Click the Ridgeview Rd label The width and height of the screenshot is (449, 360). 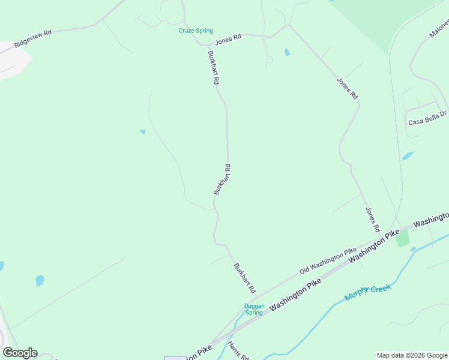[34, 40]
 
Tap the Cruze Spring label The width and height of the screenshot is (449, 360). [196, 31]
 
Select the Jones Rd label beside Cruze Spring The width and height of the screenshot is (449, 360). [228, 38]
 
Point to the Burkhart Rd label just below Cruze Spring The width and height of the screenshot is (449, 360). [212, 67]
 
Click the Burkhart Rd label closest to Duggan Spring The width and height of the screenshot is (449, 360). [244, 277]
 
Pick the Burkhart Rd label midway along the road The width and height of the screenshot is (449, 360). [222, 179]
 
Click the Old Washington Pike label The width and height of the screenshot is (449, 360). [328, 261]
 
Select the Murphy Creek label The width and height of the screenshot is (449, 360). [367, 292]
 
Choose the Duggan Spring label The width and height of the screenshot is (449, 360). [254, 309]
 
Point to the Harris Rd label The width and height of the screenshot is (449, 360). [238, 351]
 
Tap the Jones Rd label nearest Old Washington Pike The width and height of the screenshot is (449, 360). [373, 220]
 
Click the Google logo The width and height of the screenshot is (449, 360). [20, 353]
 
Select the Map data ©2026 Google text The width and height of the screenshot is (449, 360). [412, 355]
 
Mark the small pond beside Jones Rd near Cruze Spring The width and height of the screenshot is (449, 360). [287, 52]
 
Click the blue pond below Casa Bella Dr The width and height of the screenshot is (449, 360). [408, 156]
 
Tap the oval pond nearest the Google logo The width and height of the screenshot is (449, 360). [40, 280]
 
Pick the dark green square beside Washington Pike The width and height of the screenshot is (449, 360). [402, 238]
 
